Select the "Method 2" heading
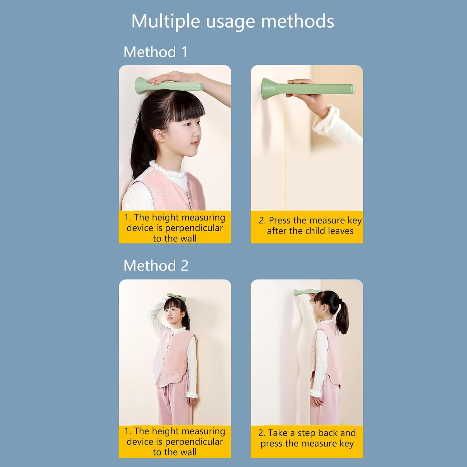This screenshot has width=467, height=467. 156,266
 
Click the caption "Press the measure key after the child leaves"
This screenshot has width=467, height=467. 310,226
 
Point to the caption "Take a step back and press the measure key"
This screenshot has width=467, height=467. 307,438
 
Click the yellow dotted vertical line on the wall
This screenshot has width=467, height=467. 285,155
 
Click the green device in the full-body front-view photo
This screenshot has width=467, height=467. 176,297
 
